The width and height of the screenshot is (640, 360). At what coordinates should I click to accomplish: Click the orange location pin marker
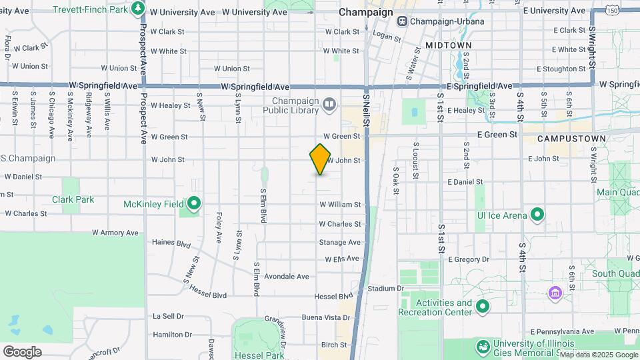click(320, 159)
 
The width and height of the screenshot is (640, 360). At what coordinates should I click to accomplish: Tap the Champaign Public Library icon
click(329, 104)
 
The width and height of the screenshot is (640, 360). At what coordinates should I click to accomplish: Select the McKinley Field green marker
click(194, 203)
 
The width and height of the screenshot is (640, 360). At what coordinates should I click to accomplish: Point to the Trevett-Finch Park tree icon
click(138, 8)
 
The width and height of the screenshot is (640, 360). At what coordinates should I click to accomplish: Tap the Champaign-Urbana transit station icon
click(402, 21)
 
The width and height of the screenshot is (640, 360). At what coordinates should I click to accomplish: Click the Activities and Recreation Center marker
click(482, 307)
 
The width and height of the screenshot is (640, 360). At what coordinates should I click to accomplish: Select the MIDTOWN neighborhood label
click(448, 45)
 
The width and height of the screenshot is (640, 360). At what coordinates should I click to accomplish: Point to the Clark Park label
click(73, 199)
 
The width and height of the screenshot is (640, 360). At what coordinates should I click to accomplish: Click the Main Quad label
click(617, 193)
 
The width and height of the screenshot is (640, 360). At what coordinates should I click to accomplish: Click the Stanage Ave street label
click(339, 242)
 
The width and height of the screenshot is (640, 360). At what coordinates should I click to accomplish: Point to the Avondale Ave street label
click(286, 276)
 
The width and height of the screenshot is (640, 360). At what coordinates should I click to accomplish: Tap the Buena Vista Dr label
click(326, 317)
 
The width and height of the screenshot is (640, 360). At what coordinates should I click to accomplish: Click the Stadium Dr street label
click(385, 289)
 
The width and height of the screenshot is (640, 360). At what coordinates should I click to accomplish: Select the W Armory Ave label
click(115, 233)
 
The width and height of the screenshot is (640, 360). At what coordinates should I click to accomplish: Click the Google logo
click(22, 351)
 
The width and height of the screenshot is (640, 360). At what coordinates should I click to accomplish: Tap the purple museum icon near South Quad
click(554, 293)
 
